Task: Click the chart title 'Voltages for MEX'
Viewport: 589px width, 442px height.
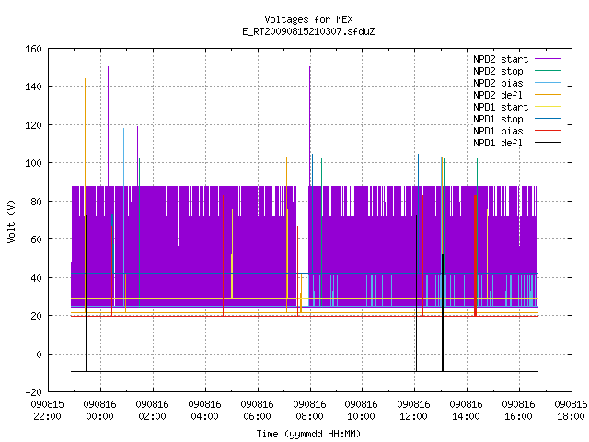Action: [x=308, y=19]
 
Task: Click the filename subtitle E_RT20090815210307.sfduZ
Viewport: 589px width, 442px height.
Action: [x=308, y=31]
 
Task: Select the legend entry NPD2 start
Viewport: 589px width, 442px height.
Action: [x=501, y=59]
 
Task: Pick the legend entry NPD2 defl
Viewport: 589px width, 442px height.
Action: [x=498, y=95]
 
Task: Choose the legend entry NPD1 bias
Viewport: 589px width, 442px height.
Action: [x=498, y=131]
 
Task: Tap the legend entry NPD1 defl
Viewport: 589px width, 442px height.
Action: [x=498, y=143]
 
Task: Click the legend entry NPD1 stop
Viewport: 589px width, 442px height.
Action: [x=498, y=119]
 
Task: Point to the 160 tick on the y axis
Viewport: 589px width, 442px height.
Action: [x=33, y=49]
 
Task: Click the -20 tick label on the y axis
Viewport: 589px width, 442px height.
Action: [x=33, y=392]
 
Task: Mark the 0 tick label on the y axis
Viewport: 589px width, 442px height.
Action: [x=39, y=354]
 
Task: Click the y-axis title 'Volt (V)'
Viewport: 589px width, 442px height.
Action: [x=11, y=221]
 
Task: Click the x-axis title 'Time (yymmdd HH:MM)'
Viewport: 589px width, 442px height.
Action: [x=308, y=434]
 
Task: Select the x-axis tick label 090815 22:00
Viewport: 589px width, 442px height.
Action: [x=47, y=411]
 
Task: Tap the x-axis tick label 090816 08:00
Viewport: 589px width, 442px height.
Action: [x=309, y=411]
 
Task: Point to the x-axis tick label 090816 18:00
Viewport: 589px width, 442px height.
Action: [x=571, y=411]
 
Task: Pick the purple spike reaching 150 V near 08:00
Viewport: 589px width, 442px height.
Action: [x=310, y=126]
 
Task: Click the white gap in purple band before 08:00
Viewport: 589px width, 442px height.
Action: [x=303, y=229]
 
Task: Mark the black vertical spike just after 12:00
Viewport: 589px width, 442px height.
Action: [x=416, y=293]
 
